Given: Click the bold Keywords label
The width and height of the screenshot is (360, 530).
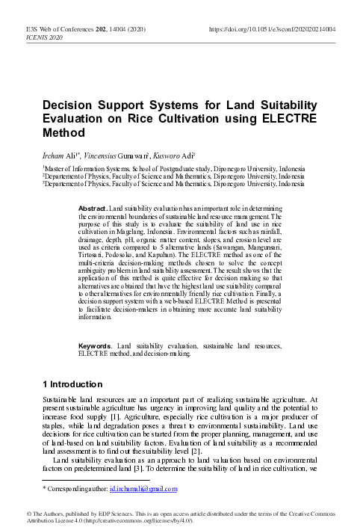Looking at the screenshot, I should (x=96, y=345).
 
